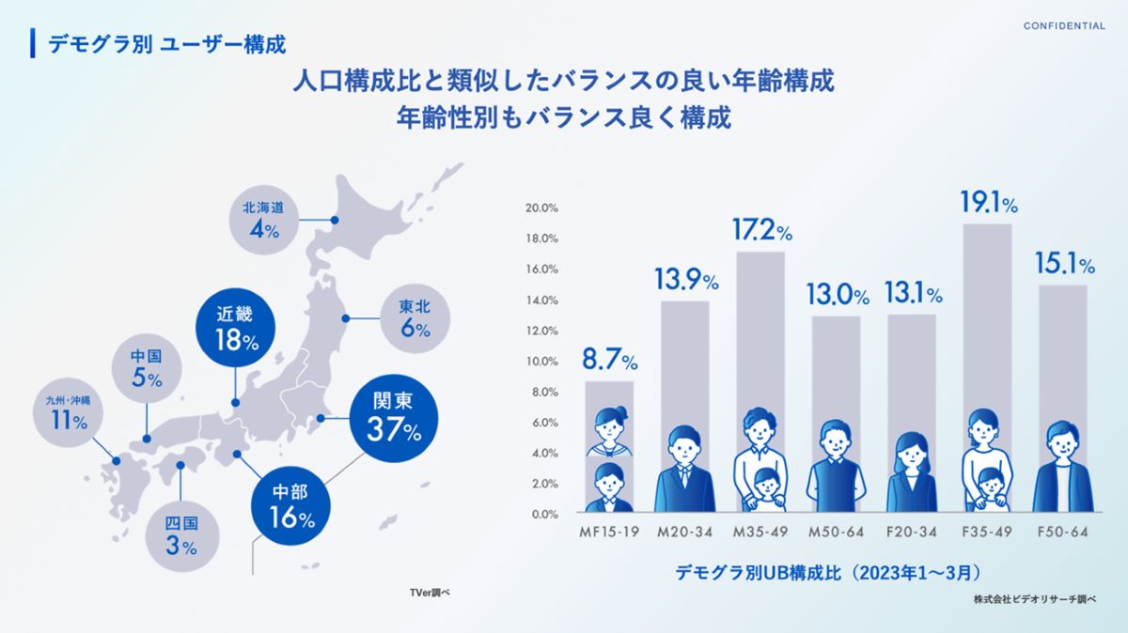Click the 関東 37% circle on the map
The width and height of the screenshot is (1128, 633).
coord(393,419)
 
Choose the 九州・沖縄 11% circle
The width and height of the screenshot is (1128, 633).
coord(68,413)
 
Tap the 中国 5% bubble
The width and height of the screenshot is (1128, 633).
coord(148,368)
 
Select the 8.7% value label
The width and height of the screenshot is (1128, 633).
coord(610,360)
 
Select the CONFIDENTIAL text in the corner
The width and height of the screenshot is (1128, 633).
coord(1064,26)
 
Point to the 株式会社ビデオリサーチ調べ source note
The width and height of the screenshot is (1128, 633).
coord(1035,598)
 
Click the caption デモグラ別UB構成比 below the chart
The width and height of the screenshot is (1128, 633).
coord(827,572)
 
